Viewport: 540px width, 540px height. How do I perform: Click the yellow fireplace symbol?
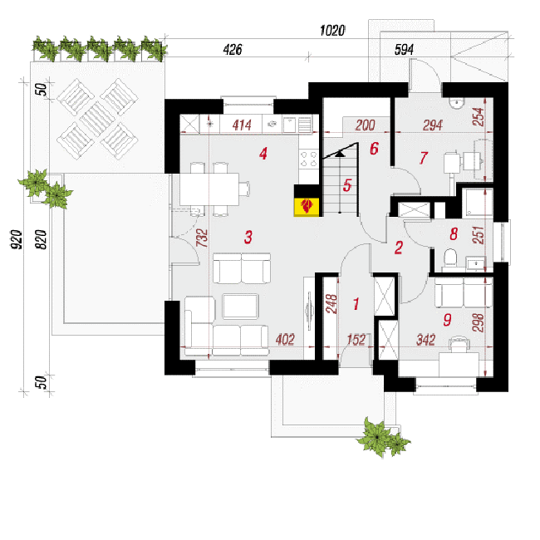[x=307, y=207]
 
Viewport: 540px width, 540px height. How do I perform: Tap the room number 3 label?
[x=248, y=237]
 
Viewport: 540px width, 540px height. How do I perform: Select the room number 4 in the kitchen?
[x=263, y=154]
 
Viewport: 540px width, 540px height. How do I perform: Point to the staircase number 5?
[x=347, y=185]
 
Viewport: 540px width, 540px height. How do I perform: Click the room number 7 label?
[x=423, y=158]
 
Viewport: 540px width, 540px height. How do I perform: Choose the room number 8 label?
[x=454, y=234]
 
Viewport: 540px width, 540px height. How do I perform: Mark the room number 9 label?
[x=447, y=320]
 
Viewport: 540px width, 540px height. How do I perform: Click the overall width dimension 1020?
[x=332, y=30]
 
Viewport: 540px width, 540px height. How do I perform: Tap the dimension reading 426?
[x=233, y=49]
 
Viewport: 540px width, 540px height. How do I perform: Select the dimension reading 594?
[x=404, y=50]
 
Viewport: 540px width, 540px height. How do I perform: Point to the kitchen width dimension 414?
[x=242, y=125]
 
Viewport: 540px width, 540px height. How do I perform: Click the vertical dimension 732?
[x=202, y=238]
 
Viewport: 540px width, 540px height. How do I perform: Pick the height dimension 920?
[x=16, y=240]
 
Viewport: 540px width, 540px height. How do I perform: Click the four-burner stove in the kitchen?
[x=308, y=159]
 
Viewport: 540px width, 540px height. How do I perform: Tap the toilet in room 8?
[x=450, y=258]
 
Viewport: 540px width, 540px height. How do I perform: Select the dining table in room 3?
[x=209, y=189]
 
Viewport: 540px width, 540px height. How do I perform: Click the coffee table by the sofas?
[x=240, y=306]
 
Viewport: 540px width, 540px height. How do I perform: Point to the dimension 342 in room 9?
[x=425, y=340]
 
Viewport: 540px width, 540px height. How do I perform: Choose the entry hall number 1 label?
[x=356, y=304]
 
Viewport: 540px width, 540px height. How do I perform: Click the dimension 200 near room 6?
[x=365, y=125]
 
